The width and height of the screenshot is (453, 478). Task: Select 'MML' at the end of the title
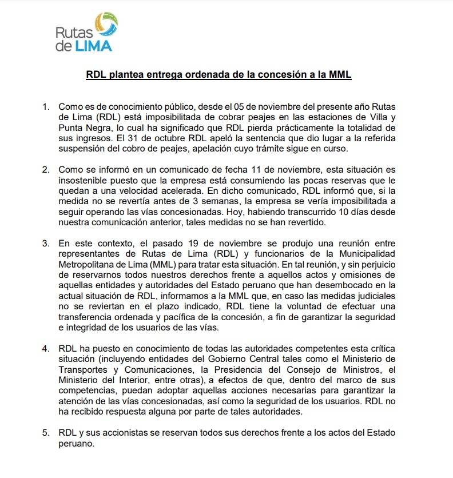click(338, 74)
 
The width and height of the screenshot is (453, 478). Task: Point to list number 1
click(46, 107)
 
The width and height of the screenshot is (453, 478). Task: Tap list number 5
click(46, 433)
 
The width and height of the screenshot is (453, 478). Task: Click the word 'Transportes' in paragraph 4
click(83, 369)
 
